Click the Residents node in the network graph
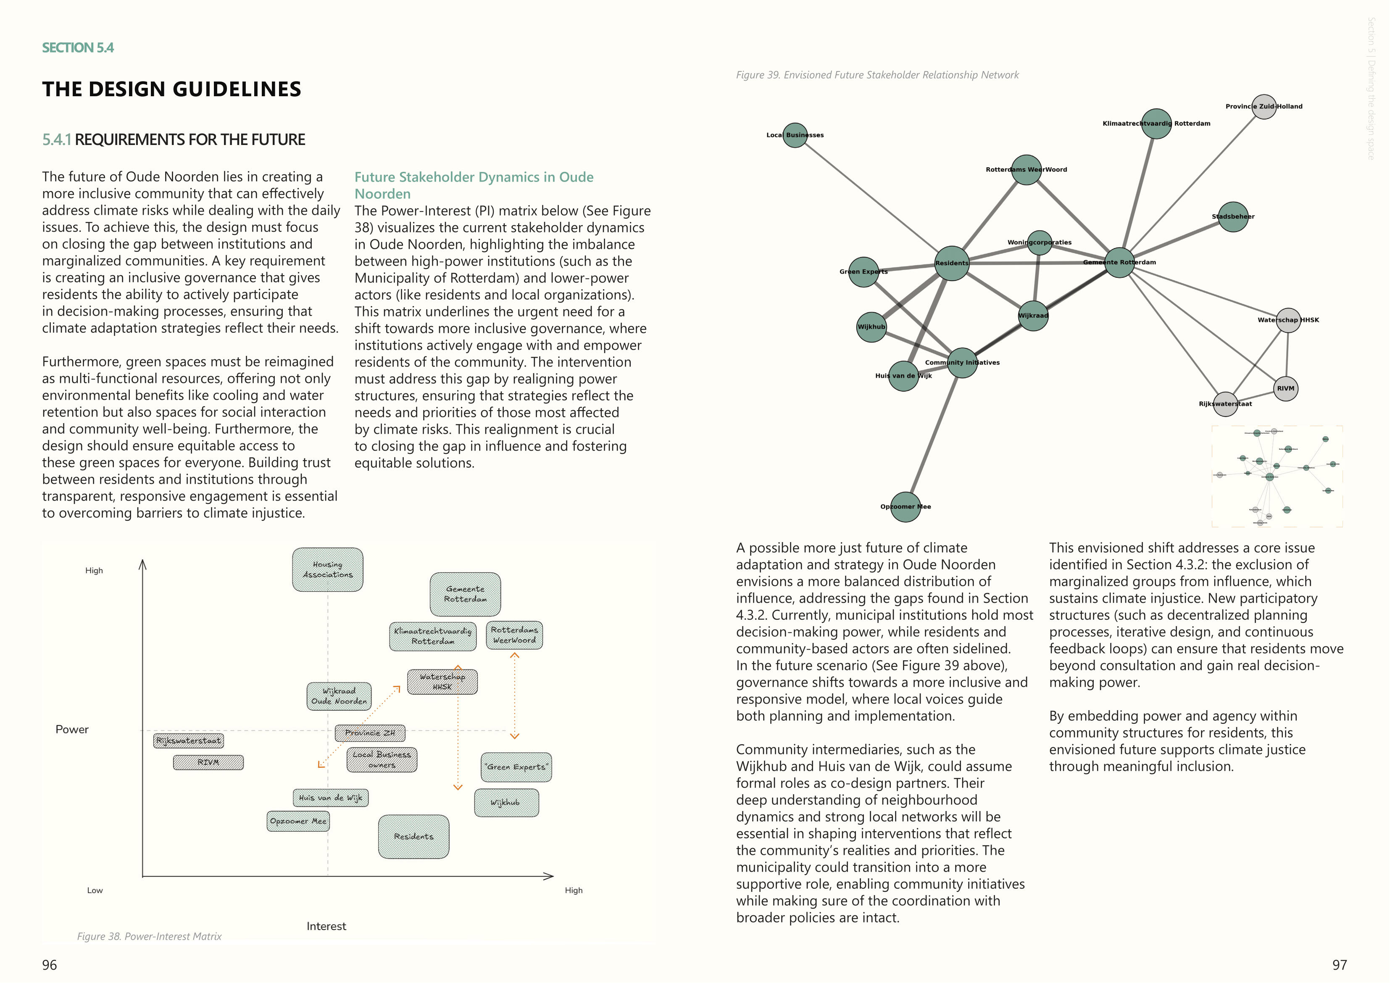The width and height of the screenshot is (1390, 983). [x=952, y=264]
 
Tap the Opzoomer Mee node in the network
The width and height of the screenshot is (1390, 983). [x=906, y=507]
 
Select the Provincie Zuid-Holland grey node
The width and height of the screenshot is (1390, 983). [x=1264, y=107]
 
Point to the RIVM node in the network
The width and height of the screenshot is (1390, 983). [x=1285, y=389]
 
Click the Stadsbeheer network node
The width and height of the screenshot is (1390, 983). [x=1233, y=217]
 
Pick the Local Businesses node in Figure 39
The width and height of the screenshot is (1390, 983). [x=795, y=135]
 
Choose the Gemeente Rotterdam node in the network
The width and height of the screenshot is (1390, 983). [x=1119, y=263]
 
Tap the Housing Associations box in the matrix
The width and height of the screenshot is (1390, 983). [x=327, y=570]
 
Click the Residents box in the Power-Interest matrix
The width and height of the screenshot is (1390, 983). [x=413, y=836]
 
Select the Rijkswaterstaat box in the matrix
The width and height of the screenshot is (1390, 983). [x=188, y=741]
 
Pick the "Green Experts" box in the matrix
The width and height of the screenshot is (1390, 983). [x=516, y=767]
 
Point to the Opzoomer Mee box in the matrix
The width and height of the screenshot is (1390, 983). [x=298, y=821]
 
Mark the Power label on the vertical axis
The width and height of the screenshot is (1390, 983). [x=72, y=730]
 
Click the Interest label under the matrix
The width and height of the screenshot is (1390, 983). [x=326, y=926]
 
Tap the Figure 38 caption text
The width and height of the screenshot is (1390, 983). [x=149, y=936]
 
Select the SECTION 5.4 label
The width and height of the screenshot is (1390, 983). [x=77, y=48]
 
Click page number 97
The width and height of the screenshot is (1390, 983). [x=1339, y=965]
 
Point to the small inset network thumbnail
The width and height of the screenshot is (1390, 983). [x=1277, y=476]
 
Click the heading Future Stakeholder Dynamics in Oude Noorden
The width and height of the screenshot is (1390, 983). [x=474, y=185]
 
